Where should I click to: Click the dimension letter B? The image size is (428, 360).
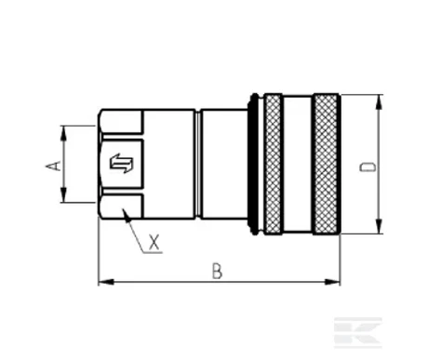(217, 271)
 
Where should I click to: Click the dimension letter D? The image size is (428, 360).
(368, 167)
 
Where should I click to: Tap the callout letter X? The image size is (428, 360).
(154, 243)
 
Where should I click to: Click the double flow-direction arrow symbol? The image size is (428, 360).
(122, 163)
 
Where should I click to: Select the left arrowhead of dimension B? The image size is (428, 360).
(106, 282)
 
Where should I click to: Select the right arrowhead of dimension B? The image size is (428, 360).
(332, 282)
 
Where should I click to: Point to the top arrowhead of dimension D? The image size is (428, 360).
(379, 102)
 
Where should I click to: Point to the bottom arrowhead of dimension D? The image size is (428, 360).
(379, 226)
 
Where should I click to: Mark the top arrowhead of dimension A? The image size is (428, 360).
(63, 133)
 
